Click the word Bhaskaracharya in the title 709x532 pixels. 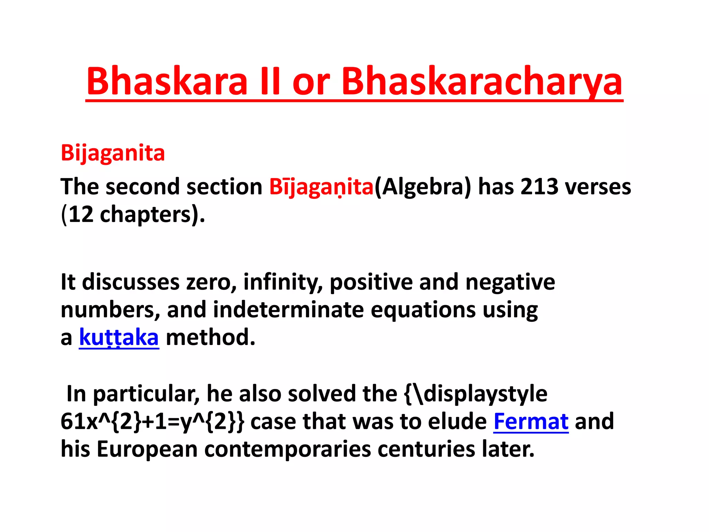point(482,82)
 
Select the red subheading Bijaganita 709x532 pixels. point(113,153)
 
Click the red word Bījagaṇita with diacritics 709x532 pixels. point(321,187)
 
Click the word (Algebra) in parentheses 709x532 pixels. point(423,187)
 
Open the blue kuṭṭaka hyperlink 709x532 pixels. point(119,337)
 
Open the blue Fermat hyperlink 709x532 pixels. point(531,422)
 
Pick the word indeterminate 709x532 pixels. point(288,310)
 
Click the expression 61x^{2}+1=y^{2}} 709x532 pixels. point(152,422)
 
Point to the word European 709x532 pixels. point(147,450)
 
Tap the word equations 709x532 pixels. point(423,310)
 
